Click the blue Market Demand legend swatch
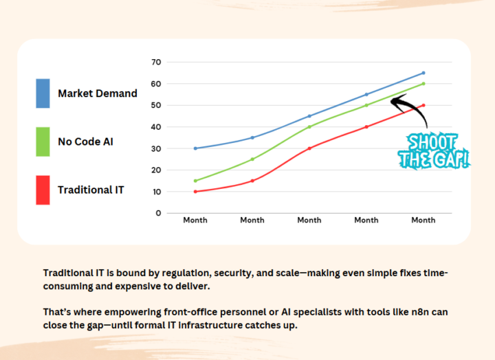(43, 93)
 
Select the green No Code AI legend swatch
(43, 141)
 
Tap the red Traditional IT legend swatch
(43, 190)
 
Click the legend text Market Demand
(98, 93)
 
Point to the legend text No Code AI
(85, 142)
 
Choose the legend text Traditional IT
(91, 190)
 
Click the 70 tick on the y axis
(156, 63)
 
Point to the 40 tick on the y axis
(156, 127)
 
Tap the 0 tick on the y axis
(158, 213)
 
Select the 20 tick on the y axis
(156, 170)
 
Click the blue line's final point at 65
(423, 73)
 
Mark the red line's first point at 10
(195, 192)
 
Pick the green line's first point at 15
(195, 181)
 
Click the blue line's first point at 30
(195, 148)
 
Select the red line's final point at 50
(423, 105)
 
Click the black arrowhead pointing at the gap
(395, 101)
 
